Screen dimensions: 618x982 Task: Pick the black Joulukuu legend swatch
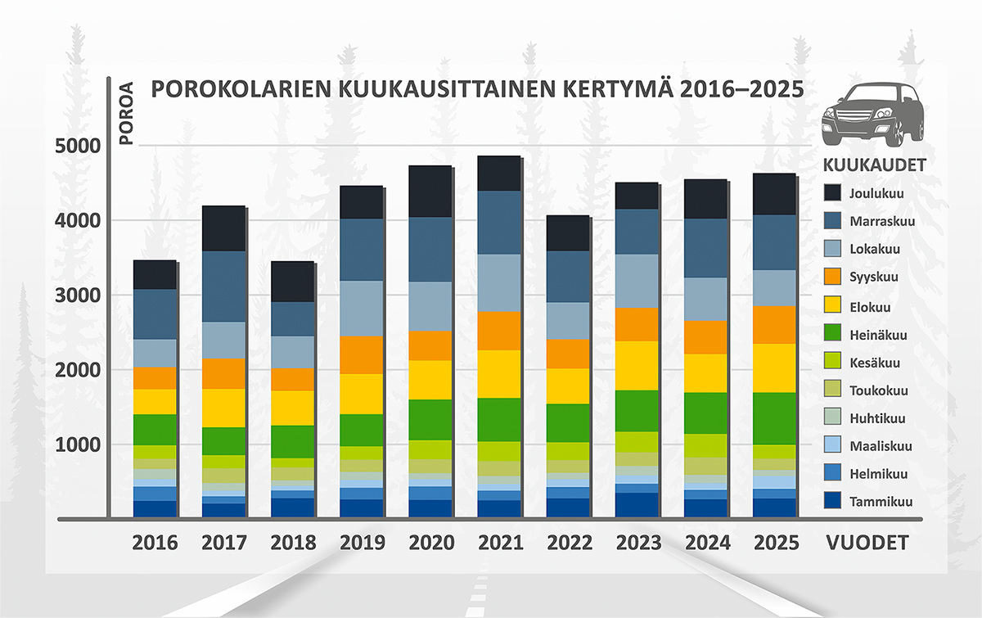pyautogui.click(x=832, y=194)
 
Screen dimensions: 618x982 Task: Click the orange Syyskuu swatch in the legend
pyautogui.click(x=832, y=277)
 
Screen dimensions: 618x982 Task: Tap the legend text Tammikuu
pyautogui.click(x=881, y=502)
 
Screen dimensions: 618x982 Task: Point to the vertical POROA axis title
pyautogui.click(x=126, y=111)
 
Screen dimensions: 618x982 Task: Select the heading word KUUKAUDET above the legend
pyautogui.click(x=873, y=165)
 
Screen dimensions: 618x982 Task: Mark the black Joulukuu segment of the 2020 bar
pyautogui.click(x=430, y=192)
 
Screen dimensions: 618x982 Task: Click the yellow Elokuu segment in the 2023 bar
pyautogui.click(x=637, y=365)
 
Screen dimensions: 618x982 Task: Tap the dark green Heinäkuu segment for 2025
pyautogui.click(x=774, y=418)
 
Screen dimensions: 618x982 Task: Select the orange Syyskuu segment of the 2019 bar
pyautogui.click(x=361, y=354)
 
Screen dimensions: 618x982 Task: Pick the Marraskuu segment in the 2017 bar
pyautogui.click(x=223, y=286)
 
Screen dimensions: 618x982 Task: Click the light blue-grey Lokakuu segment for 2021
pyautogui.click(x=498, y=282)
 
